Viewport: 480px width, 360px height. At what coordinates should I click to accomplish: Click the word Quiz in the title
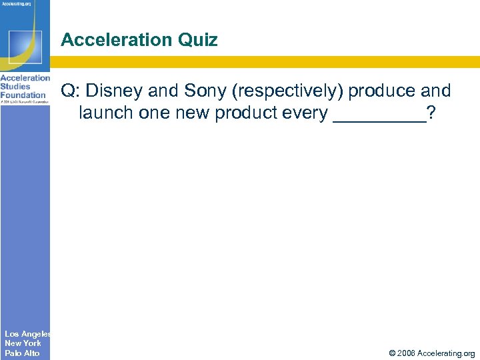click(x=197, y=40)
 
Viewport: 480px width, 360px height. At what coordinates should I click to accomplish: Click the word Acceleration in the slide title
click(x=116, y=40)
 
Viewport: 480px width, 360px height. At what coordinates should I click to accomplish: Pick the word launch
click(x=107, y=113)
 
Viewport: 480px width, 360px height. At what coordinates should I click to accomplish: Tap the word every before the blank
click(x=307, y=113)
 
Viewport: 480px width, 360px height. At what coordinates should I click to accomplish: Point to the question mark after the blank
click(x=433, y=113)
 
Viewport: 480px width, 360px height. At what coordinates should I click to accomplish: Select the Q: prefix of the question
click(x=70, y=91)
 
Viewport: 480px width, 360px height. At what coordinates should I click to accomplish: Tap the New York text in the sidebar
click(x=23, y=343)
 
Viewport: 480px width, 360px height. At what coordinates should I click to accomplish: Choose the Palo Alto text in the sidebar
click(x=22, y=353)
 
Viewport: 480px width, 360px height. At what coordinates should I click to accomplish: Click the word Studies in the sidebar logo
click(x=15, y=87)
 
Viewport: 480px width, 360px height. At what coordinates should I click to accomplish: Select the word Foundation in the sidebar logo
click(x=23, y=95)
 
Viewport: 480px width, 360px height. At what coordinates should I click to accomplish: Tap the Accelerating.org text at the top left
click(x=19, y=4)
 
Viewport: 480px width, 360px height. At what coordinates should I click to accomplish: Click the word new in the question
click(x=196, y=113)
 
